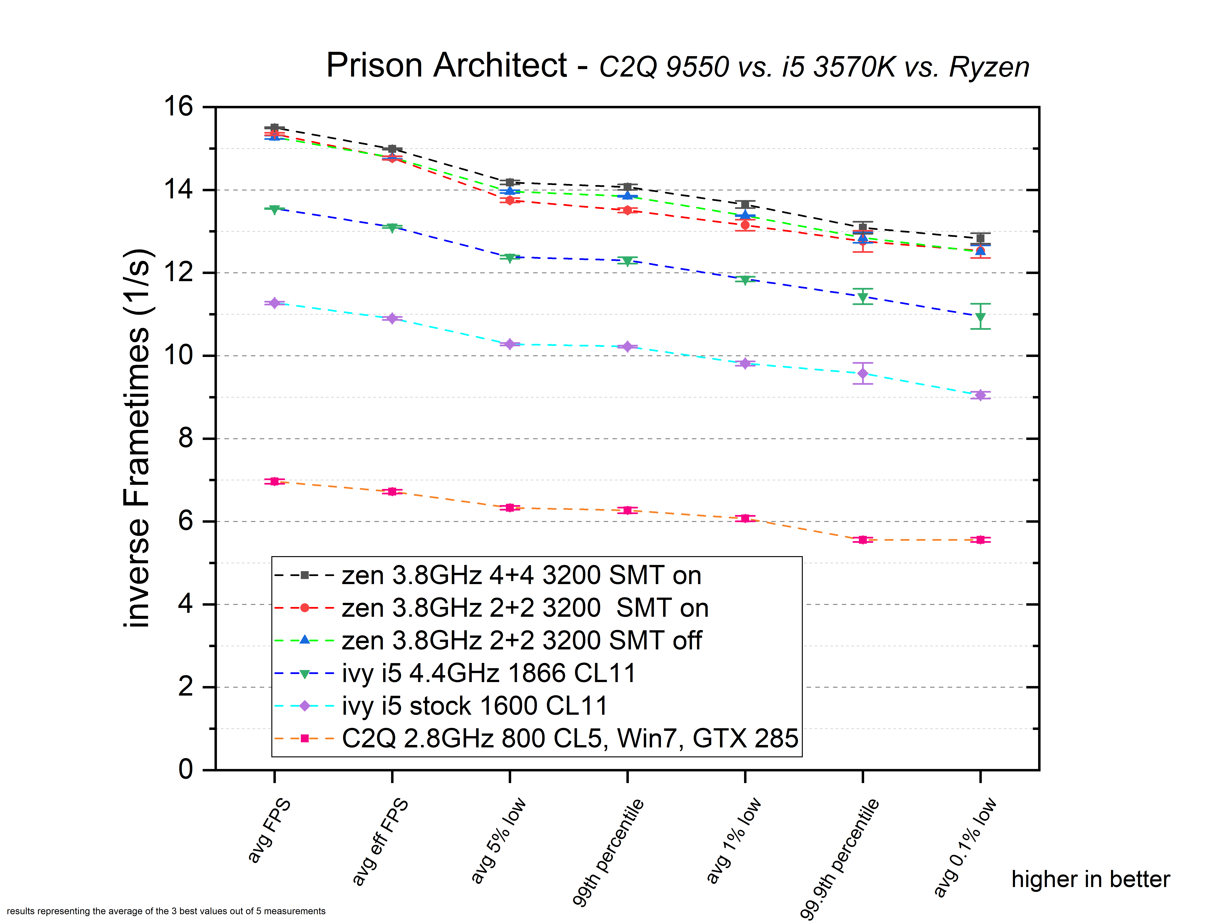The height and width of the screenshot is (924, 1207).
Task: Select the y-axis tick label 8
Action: click(x=186, y=438)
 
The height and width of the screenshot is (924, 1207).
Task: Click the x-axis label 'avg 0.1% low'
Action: click(x=965, y=847)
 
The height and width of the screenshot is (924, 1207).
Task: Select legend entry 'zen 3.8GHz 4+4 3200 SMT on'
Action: click(x=521, y=575)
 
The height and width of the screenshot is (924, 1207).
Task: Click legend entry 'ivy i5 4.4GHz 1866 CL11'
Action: click(x=488, y=673)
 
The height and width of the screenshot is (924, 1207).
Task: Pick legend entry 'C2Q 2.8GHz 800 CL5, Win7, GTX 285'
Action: click(x=570, y=738)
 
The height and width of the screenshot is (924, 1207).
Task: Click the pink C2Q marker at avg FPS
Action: click(x=274, y=481)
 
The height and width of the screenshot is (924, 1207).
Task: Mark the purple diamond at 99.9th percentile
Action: click(x=863, y=374)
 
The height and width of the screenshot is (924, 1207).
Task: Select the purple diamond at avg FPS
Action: click(x=274, y=303)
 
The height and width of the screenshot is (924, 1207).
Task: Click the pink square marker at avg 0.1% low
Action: click(x=980, y=540)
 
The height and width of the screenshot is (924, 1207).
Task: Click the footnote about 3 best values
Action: click(x=166, y=911)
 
